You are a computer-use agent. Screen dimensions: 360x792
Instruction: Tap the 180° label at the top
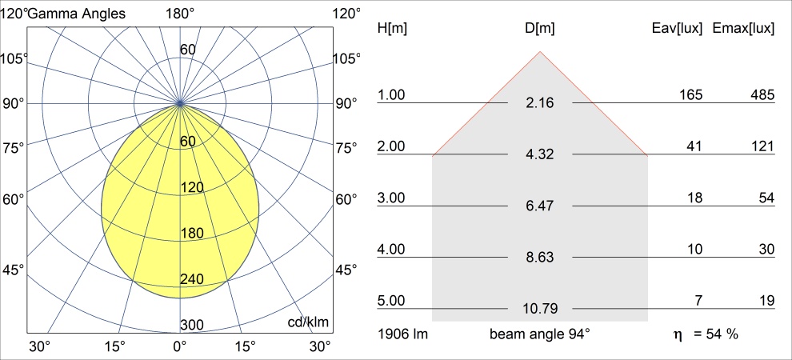[x=180, y=14]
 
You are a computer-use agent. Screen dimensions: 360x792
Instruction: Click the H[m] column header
[x=392, y=29]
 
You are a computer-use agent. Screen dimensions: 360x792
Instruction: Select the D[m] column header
[x=540, y=29]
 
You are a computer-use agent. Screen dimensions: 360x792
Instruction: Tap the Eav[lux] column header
[x=678, y=29]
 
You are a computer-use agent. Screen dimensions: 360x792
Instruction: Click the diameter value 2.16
[x=540, y=103]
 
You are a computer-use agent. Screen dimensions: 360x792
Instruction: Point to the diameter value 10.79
[x=540, y=309]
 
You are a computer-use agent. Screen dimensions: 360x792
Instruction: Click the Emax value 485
[x=762, y=95]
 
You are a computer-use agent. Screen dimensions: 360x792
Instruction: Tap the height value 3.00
[x=392, y=198]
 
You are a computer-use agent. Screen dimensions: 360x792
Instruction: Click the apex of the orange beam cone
[x=540, y=52]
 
